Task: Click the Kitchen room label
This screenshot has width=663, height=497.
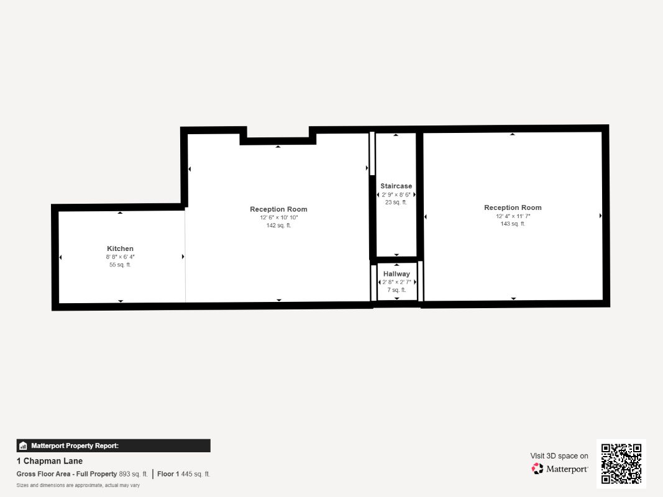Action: click(120, 248)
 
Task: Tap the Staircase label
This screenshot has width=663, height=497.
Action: click(396, 186)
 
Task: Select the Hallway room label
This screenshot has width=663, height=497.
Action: click(396, 274)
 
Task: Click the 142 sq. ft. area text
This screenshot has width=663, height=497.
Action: click(278, 226)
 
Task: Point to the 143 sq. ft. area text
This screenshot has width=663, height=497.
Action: click(513, 224)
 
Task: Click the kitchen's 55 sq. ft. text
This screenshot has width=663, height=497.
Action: click(120, 265)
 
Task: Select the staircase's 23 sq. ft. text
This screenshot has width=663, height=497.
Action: click(396, 202)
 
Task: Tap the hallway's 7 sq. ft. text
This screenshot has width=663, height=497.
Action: click(396, 290)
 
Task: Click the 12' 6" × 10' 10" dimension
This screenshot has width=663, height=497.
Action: click(278, 217)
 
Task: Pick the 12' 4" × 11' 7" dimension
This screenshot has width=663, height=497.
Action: click(513, 216)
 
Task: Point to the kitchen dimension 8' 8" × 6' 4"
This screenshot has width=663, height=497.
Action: click(120, 257)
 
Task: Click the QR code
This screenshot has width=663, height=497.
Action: click(621, 463)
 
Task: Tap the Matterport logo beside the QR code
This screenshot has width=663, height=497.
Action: click(560, 469)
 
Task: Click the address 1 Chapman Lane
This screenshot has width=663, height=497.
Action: click(50, 461)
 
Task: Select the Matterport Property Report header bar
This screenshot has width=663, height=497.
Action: click(113, 445)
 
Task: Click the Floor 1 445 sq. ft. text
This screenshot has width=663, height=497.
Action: click(183, 474)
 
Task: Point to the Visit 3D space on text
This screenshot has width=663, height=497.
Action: click(559, 456)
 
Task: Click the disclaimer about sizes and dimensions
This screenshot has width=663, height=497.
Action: click(78, 485)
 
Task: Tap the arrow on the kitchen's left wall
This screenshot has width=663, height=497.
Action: click(60, 257)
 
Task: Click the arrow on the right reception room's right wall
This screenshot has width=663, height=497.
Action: click(600, 216)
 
